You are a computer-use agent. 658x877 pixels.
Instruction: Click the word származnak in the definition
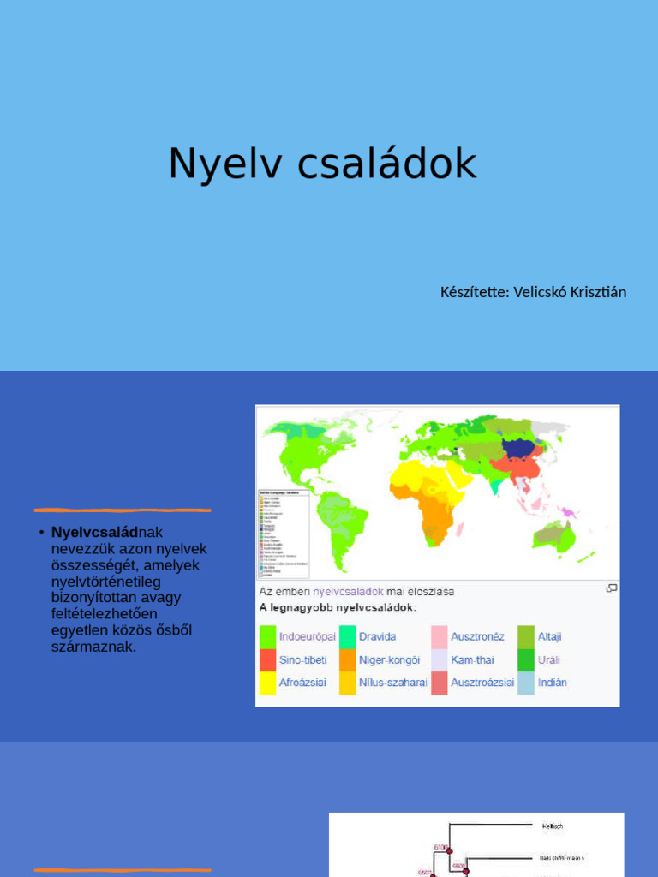pyautogui.click(x=93, y=647)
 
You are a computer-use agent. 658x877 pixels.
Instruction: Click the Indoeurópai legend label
pyautogui.click(x=308, y=637)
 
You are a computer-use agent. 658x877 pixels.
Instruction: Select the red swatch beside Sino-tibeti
pyautogui.click(x=267, y=660)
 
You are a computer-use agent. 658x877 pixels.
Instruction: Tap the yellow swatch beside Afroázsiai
pyautogui.click(x=267, y=683)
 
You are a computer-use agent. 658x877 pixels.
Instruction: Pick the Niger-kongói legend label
pyautogui.click(x=390, y=660)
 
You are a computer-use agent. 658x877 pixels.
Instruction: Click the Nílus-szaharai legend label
pyautogui.click(x=393, y=683)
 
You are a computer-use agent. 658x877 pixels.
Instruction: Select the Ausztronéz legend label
pyautogui.click(x=478, y=637)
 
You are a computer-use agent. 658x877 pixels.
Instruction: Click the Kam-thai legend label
pyautogui.click(x=473, y=660)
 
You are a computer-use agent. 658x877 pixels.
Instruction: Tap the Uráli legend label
pyautogui.click(x=548, y=660)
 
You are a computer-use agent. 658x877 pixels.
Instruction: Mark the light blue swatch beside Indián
pyautogui.click(x=525, y=683)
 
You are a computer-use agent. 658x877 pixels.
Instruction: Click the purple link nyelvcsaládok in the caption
pyautogui.click(x=348, y=591)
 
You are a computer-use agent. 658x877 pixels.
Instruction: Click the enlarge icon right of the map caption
pyautogui.click(x=612, y=588)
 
